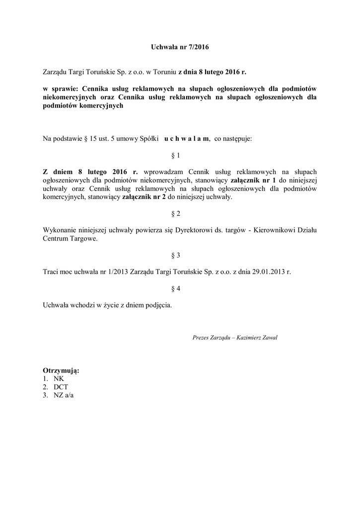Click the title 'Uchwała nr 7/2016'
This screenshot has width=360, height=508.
coord(180,48)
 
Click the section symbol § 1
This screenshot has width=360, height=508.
coord(175,156)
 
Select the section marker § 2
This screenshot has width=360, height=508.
coord(175,214)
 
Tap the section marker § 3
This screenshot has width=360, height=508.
coord(175,255)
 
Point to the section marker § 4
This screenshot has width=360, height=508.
coord(175,289)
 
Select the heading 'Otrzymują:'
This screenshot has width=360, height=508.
coord(61,371)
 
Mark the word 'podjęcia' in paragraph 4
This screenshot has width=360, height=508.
coord(159,305)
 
